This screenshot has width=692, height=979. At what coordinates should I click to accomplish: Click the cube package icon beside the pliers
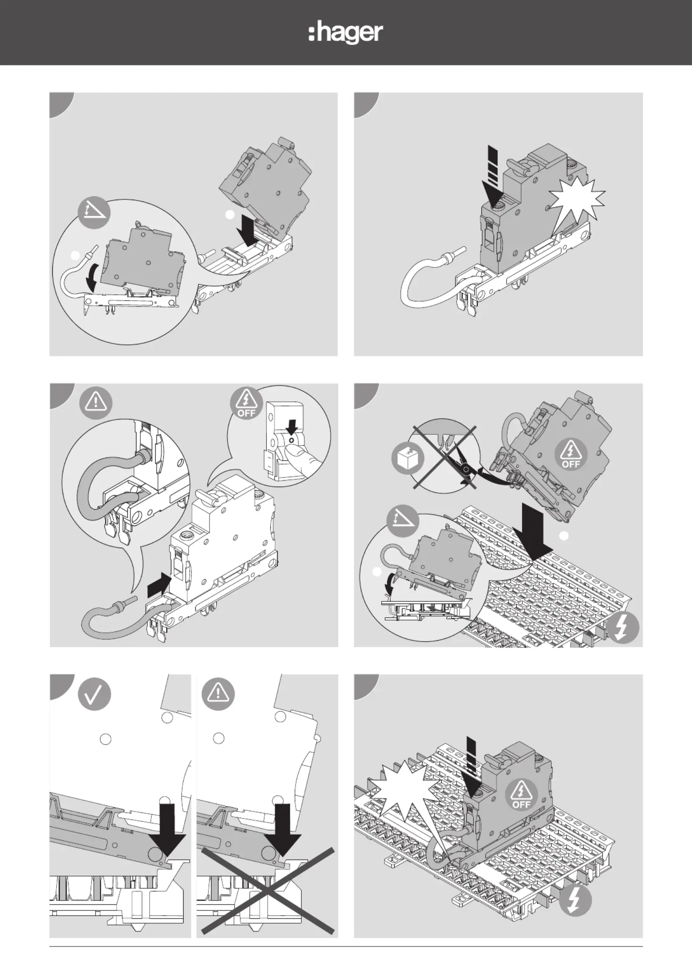click(x=408, y=459)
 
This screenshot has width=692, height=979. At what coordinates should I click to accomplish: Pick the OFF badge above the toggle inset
click(x=246, y=403)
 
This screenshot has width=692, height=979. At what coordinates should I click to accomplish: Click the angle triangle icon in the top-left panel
click(x=94, y=213)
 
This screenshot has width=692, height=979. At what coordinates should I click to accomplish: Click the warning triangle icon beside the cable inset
click(x=95, y=403)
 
